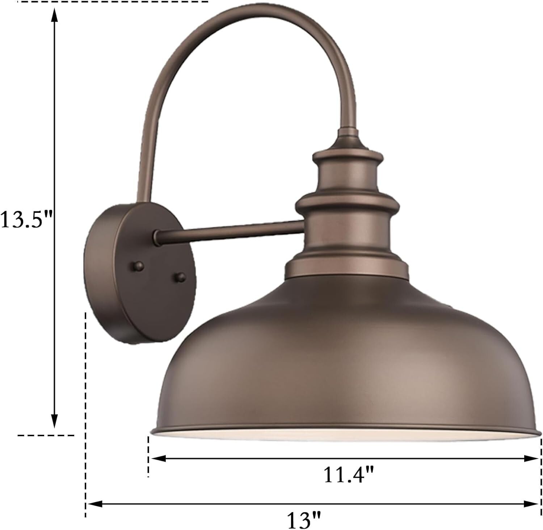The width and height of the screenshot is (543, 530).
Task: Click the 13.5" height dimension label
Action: click(x=26, y=219)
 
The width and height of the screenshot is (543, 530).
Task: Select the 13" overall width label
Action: click(x=304, y=520)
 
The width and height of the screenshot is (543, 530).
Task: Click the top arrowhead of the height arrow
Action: click(x=54, y=14)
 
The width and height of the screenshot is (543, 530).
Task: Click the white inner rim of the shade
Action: click(x=344, y=436)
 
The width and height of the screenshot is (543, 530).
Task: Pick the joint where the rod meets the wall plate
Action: click(x=157, y=234)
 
